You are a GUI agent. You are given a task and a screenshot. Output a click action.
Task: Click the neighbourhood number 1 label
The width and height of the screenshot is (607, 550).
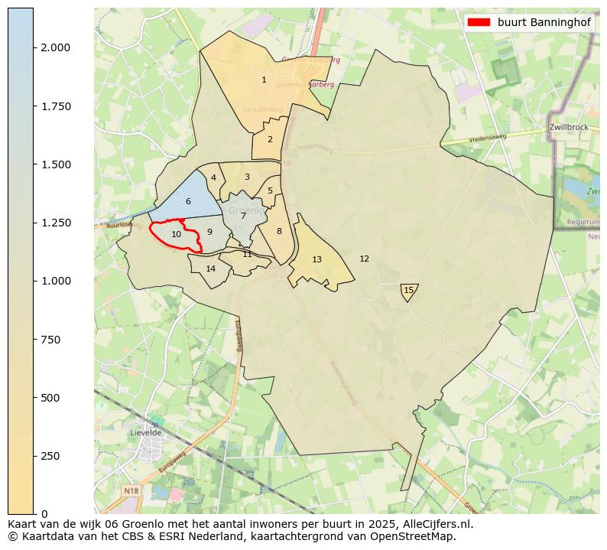coord(264,80)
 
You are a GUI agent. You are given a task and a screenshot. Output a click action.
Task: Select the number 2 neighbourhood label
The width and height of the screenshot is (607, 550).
coord(270,139)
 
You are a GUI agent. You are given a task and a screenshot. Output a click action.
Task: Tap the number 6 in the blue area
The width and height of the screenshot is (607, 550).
coord(188,202)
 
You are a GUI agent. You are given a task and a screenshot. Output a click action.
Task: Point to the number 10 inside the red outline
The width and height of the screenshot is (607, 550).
coord(176,234)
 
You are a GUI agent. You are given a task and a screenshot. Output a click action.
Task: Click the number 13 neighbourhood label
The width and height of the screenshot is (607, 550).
coord(316,260)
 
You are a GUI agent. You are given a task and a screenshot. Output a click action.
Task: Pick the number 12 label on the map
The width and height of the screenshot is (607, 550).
coord(364,259)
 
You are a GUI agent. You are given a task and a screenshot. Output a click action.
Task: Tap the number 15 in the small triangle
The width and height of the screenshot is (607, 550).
coord(408,290)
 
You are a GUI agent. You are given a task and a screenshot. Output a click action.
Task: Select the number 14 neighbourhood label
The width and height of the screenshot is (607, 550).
coord(211,268)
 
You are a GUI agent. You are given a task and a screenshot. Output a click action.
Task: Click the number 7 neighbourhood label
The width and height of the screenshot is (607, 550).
coord(243,216)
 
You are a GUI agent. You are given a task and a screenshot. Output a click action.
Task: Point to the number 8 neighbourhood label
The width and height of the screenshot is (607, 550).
coord(279,231)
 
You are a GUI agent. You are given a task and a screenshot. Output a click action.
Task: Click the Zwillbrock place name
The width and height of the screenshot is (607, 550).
coord(568,127)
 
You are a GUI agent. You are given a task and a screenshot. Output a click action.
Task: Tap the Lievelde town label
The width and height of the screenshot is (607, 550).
coord(147,432)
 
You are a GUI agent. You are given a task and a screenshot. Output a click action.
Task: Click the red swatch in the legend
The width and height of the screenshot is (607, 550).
coord(478,22)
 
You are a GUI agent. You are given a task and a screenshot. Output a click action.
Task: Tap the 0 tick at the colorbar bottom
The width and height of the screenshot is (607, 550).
coord(44,514)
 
